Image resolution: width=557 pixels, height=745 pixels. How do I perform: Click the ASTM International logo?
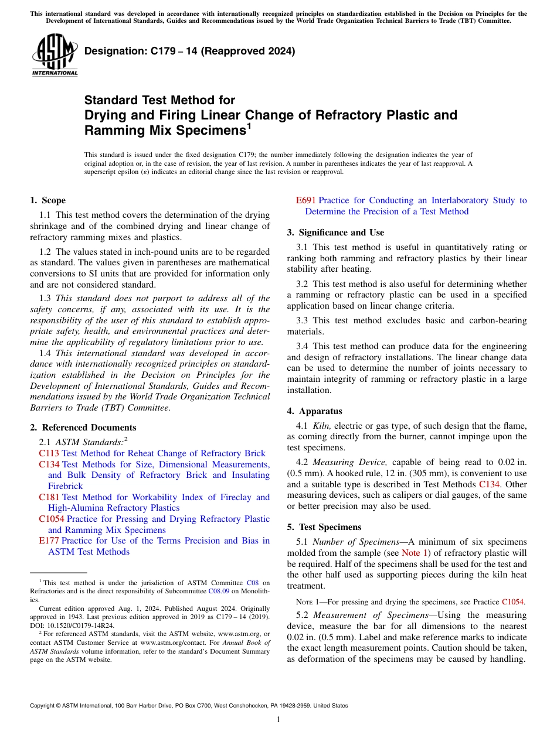54,55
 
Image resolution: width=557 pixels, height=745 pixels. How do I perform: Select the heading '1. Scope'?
47,200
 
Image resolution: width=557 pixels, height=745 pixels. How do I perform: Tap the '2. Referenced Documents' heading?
83,428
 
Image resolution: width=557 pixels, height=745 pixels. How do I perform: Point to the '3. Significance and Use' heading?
335,233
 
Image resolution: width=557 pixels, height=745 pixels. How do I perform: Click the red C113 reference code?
49,453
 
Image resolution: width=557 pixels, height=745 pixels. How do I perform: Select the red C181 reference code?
49,497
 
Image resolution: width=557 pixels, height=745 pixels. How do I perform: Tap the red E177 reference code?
49,541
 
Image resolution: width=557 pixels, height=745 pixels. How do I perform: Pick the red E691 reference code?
305,200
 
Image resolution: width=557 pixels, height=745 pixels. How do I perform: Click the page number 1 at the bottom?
278,719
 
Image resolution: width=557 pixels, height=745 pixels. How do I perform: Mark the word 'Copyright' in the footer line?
43,706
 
